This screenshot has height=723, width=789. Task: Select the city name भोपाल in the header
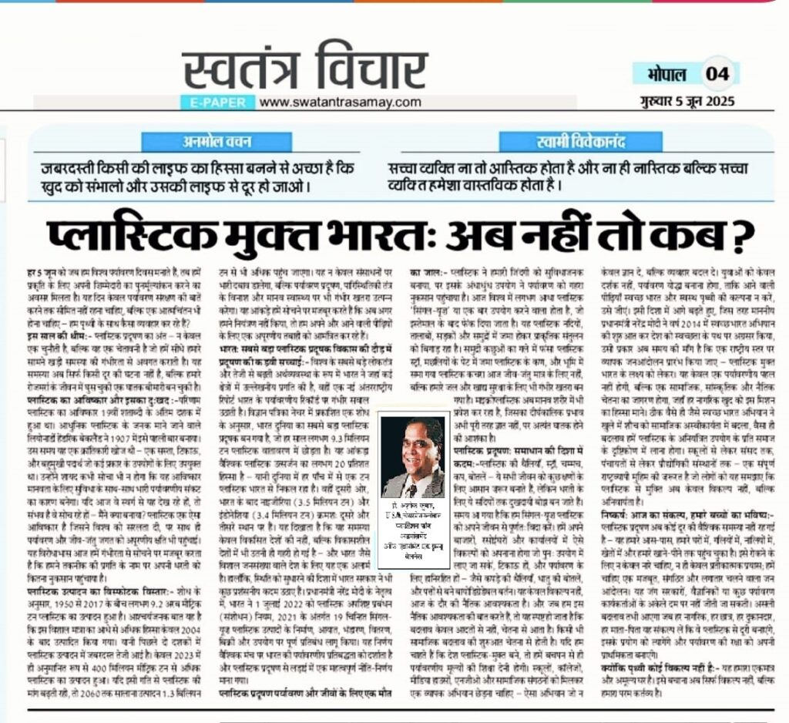point(660,74)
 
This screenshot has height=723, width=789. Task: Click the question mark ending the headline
point(741,234)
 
